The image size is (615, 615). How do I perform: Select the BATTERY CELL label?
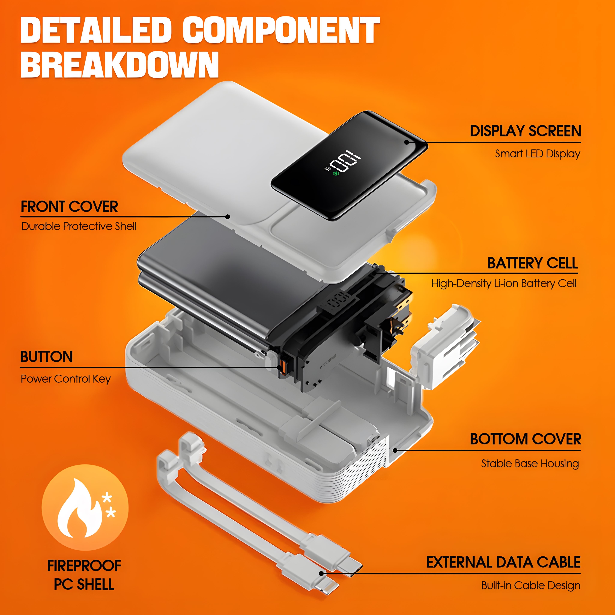click(x=533, y=263)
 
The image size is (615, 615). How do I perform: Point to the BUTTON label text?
click(x=47, y=356)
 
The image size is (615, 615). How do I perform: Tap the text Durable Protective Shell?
click(x=79, y=226)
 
